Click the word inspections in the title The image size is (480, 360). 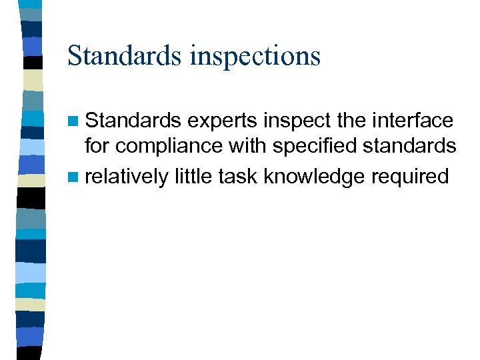tap(255, 56)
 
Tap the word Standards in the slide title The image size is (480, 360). tap(125, 55)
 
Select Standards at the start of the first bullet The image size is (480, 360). tap(133, 121)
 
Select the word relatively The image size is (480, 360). tap(127, 176)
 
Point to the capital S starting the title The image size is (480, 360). tap(75, 55)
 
